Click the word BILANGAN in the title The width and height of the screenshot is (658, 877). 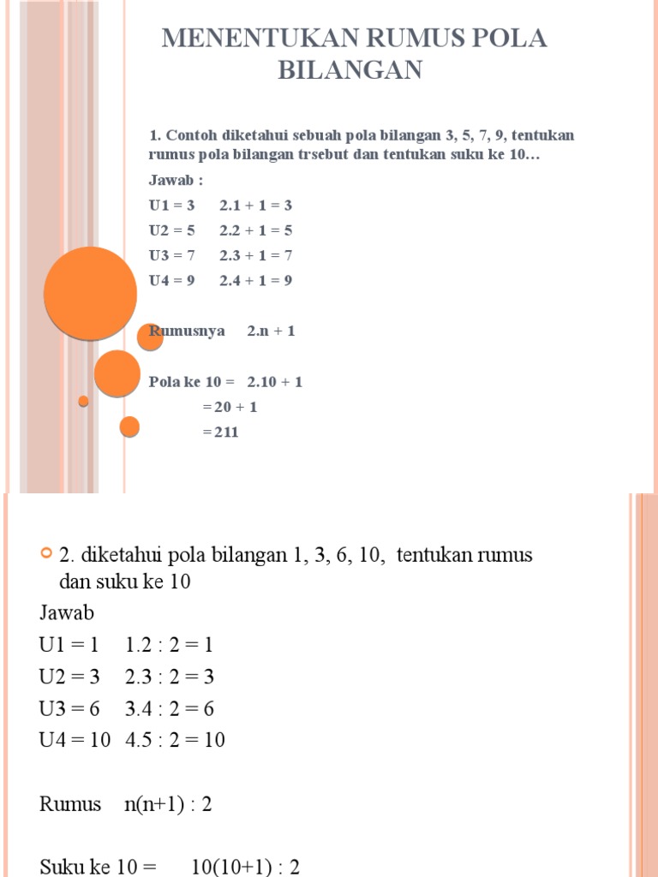350,69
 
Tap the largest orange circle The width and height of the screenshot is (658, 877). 91,293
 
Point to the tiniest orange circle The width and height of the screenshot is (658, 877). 83,401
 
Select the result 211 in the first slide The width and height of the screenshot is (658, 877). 221,433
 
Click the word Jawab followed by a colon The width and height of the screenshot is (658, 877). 176,181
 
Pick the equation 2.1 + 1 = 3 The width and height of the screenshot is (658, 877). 255,206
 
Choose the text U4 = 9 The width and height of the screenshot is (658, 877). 172,280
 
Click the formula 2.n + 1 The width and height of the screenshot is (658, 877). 272,331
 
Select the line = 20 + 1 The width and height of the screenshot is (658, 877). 230,407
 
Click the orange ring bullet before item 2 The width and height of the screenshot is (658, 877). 47,554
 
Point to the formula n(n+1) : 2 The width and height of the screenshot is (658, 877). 168,805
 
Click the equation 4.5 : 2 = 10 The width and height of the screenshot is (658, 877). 175,740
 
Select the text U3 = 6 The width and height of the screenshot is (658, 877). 69,708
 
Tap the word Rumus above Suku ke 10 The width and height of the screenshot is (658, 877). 70,805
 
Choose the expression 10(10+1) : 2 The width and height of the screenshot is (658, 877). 245,867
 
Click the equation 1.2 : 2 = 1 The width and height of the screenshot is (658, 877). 169,645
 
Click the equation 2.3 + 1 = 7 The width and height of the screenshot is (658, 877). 255,255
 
